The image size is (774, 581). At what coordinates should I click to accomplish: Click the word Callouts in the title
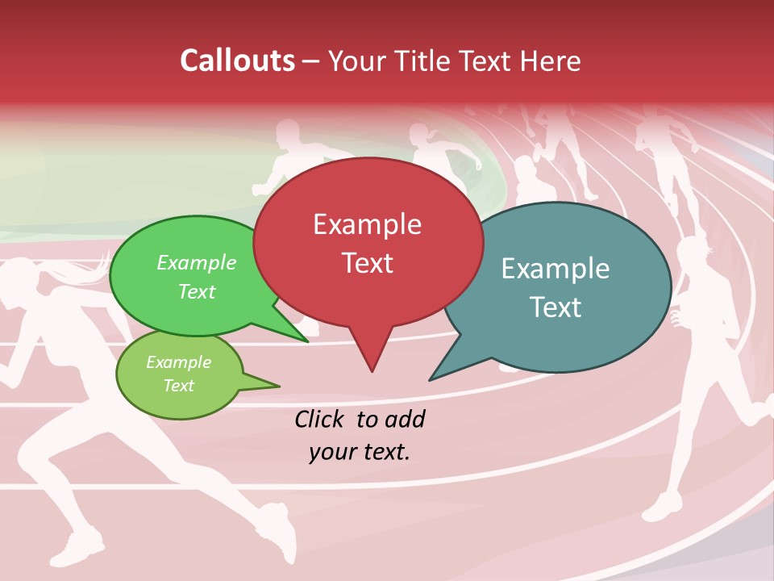(237, 61)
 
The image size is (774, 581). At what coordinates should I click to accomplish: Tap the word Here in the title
(548, 61)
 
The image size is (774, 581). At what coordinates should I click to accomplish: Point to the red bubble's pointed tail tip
(372, 370)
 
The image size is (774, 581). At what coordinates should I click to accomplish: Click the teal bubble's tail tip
(431, 379)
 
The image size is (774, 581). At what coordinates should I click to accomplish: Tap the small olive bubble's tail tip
(278, 386)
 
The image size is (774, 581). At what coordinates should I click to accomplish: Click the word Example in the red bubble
(367, 224)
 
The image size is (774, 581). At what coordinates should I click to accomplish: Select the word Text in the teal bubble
(556, 307)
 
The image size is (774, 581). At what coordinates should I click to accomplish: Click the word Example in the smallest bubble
(178, 362)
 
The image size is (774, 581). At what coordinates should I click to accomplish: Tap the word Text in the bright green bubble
(197, 291)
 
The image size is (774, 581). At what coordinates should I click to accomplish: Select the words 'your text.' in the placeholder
(359, 452)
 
